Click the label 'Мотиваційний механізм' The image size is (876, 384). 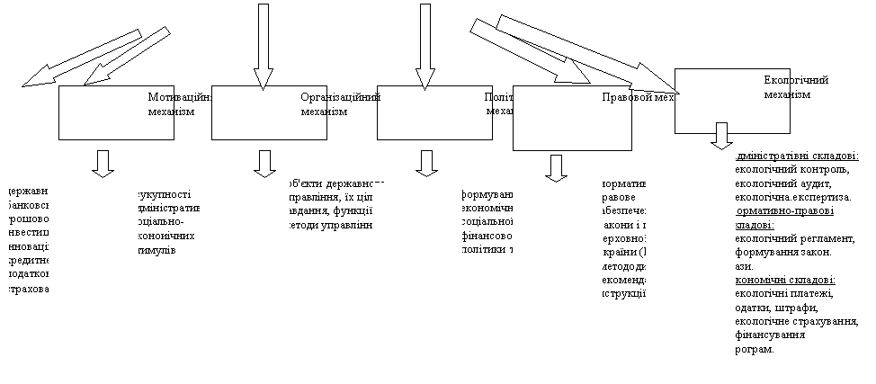180,103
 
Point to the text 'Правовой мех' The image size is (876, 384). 638,97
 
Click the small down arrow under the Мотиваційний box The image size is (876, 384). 103,163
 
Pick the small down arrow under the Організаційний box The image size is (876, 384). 264,163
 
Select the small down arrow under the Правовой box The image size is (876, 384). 557,167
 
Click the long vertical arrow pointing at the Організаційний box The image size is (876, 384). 263,45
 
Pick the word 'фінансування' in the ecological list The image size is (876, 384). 769,335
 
